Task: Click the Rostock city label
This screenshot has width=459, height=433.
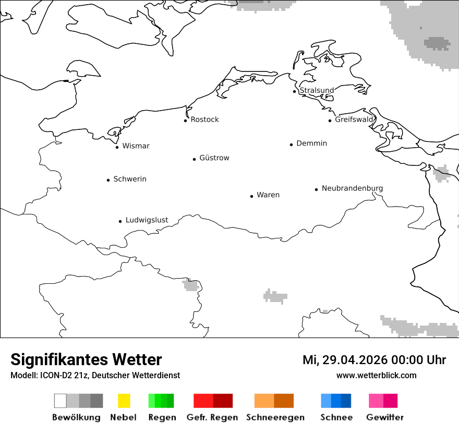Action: click(x=204, y=119)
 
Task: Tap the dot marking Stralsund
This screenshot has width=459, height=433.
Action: click(x=295, y=91)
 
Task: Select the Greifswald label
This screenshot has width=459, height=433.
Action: click(x=354, y=119)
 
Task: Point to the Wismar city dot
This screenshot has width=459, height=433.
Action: click(x=117, y=147)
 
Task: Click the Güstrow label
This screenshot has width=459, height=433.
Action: click(x=214, y=158)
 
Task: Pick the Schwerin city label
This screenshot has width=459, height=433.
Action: click(x=130, y=179)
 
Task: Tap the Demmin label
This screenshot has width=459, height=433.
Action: click(x=311, y=143)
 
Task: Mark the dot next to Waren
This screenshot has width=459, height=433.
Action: click(x=251, y=196)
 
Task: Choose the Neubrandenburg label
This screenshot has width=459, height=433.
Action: click(x=352, y=188)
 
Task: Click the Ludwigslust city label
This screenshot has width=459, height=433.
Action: click(x=147, y=220)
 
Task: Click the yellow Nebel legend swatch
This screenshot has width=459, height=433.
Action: click(x=124, y=401)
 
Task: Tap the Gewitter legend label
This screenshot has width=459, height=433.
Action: click(x=384, y=417)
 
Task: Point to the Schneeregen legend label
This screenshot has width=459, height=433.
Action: click(x=275, y=417)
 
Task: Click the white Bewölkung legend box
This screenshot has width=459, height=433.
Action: click(x=60, y=401)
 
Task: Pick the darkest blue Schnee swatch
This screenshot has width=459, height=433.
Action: click(x=346, y=401)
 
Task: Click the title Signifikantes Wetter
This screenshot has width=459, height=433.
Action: click(x=86, y=360)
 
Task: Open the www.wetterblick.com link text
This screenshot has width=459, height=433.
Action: click(x=376, y=375)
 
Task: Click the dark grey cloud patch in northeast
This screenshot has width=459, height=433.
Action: click(x=437, y=43)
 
